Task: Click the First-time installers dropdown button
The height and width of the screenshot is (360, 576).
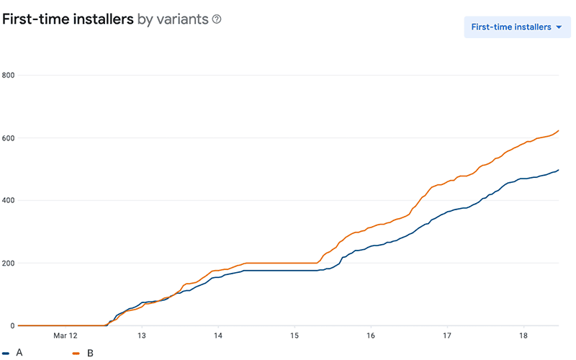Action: pyautogui.click(x=517, y=27)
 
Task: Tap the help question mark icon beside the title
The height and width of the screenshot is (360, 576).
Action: pyautogui.click(x=216, y=19)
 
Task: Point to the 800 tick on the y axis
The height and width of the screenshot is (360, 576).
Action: pyautogui.click(x=9, y=75)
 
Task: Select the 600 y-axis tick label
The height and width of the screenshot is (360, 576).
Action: pyautogui.click(x=9, y=138)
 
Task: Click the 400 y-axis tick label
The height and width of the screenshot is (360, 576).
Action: pyautogui.click(x=9, y=200)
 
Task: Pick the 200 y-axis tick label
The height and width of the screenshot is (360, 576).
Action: pyautogui.click(x=9, y=263)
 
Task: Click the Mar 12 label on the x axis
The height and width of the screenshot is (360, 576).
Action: pyautogui.click(x=65, y=336)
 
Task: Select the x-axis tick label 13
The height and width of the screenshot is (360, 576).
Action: pyautogui.click(x=142, y=336)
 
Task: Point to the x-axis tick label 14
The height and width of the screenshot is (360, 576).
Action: pyautogui.click(x=218, y=336)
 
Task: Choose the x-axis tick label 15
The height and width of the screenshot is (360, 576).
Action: pyautogui.click(x=294, y=336)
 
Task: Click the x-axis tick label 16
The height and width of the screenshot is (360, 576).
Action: pyautogui.click(x=371, y=336)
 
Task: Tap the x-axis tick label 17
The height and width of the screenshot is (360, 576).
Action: pyautogui.click(x=447, y=336)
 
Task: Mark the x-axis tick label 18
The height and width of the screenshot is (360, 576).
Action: pyautogui.click(x=523, y=336)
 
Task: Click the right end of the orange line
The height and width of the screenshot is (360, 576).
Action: pyautogui.click(x=559, y=130)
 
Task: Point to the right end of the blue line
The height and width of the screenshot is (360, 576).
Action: pyautogui.click(x=559, y=170)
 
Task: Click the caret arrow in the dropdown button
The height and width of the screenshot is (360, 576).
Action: pyautogui.click(x=559, y=27)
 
